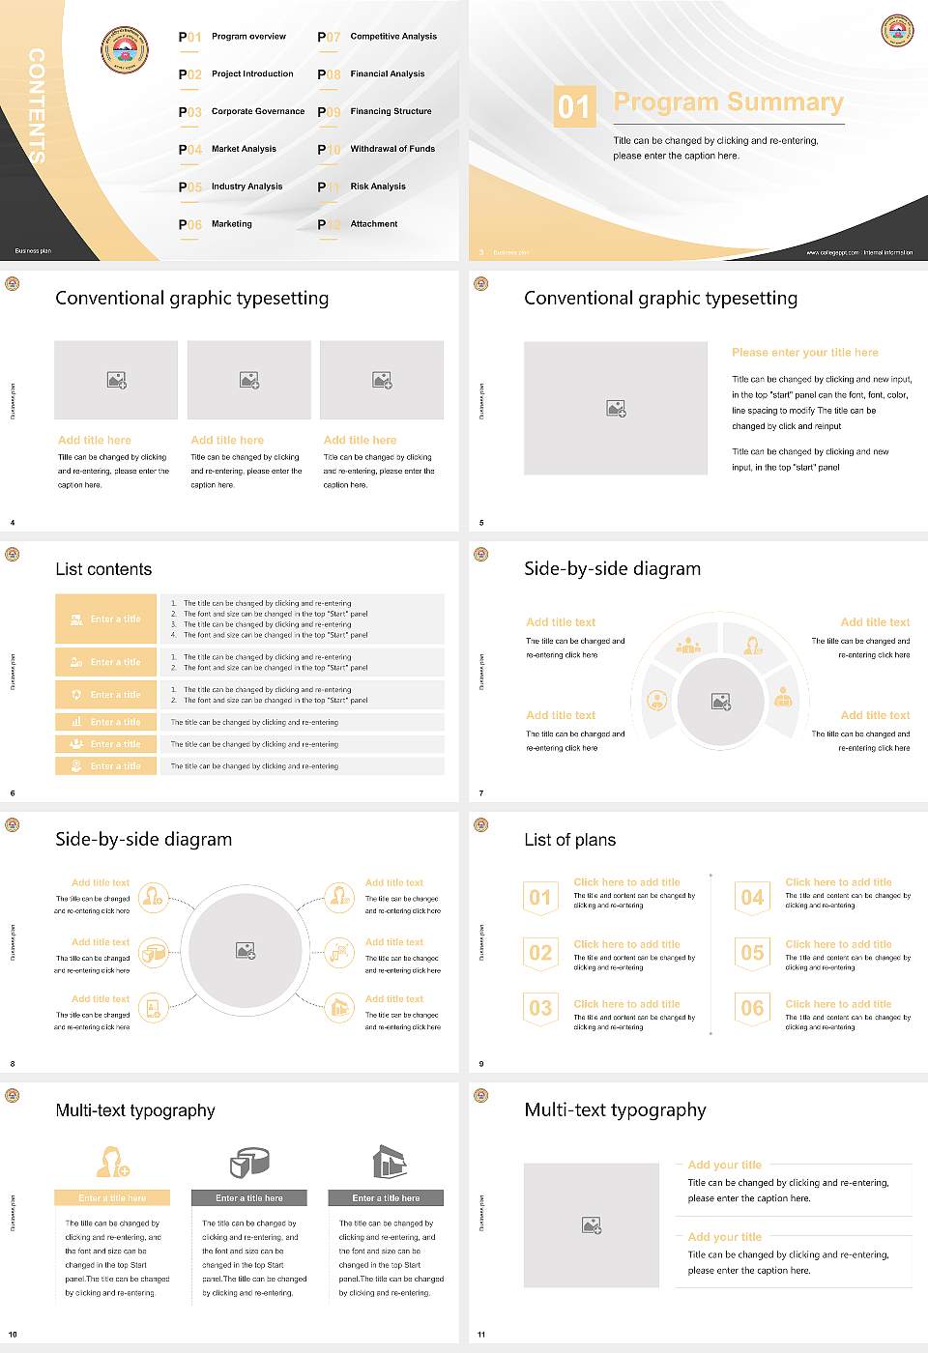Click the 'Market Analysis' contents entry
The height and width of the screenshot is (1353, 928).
coord(244,149)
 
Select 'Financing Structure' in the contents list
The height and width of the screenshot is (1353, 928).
coord(391,111)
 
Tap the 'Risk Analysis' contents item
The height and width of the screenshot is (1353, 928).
coord(378,187)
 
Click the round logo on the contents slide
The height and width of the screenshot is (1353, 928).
coord(125,50)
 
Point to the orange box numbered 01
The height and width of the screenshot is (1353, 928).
coord(574,106)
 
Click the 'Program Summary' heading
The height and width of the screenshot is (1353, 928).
coord(728,102)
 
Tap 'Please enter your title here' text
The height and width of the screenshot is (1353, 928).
coord(805,353)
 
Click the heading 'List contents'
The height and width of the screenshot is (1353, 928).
coord(103,569)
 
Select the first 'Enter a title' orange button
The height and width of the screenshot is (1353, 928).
coord(106,619)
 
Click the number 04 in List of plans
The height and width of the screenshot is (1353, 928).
coord(752,898)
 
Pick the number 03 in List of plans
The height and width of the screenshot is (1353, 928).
coord(540,1008)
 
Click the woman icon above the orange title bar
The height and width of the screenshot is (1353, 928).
coord(112,1162)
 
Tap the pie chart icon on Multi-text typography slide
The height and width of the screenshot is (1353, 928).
coord(249,1162)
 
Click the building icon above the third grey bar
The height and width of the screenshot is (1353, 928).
coord(389,1162)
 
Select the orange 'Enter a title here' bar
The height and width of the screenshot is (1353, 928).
coord(112,1198)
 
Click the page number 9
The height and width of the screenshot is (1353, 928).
coord(481,1064)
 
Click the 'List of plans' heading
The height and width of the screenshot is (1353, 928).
coord(569,840)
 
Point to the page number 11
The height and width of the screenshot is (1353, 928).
coord(481,1335)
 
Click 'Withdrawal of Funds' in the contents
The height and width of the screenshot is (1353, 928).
coord(392,149)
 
